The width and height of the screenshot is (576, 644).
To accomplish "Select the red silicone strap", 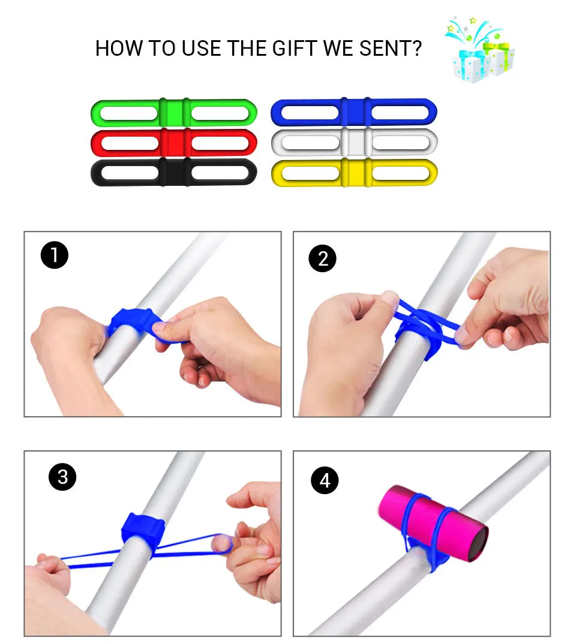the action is [x=174, y=143].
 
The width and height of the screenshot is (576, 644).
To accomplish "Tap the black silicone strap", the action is [x=174, y=173].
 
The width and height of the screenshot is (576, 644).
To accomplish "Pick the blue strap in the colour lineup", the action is [x=354, y=112].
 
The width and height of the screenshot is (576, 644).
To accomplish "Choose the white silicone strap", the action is [x=354, y=143].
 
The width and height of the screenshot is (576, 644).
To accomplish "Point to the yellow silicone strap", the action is [x=354, y=173].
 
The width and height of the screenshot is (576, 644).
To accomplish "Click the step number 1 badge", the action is [x=54, y=255].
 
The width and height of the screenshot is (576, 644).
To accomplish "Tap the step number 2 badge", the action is [x=323, y=258].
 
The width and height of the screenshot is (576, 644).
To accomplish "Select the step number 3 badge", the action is [x=62, y=477].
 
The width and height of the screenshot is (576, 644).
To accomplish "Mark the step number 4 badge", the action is [x=325, y=480].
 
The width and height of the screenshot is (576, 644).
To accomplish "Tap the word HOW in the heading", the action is [x=119, y=49].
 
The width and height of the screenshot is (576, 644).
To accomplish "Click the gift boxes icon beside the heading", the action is [x=480, y=50].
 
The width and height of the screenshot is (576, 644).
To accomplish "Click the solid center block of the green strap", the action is [x=174, y=112].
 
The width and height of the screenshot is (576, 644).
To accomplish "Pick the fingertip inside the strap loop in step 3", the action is [x=221, y=544].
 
